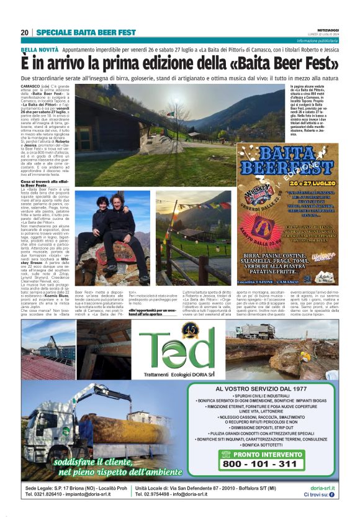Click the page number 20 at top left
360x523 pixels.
[24, 32]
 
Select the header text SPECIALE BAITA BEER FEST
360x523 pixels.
[86, 32]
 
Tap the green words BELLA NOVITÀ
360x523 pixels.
[39, 48]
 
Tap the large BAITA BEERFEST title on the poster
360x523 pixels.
[286, 161]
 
